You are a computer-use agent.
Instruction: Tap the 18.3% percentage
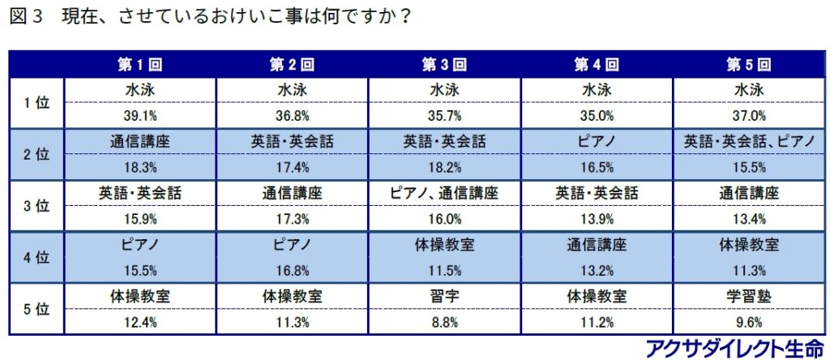(x=139, y=167)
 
